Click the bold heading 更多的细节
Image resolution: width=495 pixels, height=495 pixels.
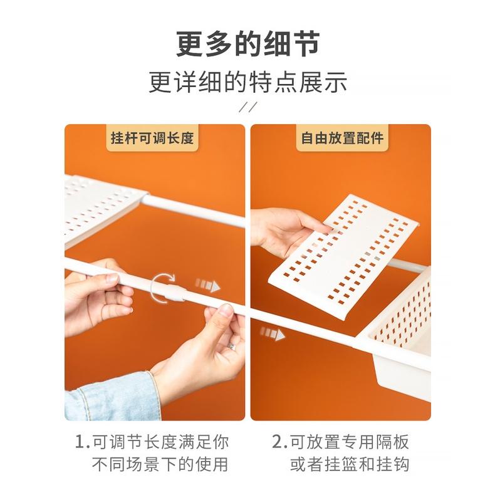point(248,44)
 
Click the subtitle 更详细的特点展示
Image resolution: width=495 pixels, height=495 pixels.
point(248,83)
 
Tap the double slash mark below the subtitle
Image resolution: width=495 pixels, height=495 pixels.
point(248,107)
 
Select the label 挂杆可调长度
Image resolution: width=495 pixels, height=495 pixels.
point(152,138)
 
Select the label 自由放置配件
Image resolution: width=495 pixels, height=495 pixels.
point(342,138)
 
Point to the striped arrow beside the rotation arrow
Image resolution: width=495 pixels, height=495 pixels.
point(208,285)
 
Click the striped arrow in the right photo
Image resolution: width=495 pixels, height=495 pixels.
point(273,333)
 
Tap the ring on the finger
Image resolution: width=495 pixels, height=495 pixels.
point(231,346)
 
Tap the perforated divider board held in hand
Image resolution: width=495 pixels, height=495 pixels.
point(343,257)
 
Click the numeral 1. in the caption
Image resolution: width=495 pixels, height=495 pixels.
point(83,442)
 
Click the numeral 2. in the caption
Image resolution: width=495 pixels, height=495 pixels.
point(279,442)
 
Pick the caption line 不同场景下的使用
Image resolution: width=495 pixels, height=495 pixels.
point(160,464)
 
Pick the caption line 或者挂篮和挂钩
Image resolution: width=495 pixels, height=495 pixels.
point(350,464)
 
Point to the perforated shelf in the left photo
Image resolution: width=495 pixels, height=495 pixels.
point(101,210)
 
